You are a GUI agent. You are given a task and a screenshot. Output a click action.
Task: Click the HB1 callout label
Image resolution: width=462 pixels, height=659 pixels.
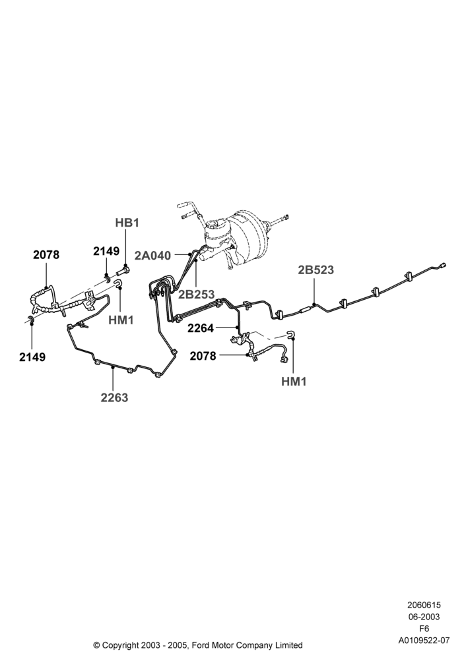[x=127, y=223]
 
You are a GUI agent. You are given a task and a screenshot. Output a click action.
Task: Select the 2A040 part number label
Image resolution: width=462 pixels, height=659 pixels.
[x=152, y=256]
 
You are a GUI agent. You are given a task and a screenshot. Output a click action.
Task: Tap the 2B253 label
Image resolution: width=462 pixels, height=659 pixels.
[x=196, y=294]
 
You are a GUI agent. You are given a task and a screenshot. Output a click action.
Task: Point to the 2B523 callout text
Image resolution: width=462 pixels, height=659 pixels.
[x=315, y=270]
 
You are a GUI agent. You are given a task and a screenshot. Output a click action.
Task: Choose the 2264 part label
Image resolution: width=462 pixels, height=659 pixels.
[x=201, y=328]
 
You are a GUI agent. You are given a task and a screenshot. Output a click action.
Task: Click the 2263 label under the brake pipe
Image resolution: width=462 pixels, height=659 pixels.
[x=114, y=397]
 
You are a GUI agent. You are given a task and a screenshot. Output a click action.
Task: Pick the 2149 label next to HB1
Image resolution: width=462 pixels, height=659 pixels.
[x=106, y=251]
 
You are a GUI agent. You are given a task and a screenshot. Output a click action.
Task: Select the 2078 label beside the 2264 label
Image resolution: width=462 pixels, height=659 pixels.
[x=203, y=356]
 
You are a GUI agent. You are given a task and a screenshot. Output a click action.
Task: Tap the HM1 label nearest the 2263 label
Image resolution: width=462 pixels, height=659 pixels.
[x=121, y=320]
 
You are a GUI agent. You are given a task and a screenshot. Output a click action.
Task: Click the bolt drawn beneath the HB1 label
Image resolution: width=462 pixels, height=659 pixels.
[x=125, y=270]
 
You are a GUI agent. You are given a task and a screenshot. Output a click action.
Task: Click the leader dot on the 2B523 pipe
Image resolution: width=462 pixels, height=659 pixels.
[x=314, y=304]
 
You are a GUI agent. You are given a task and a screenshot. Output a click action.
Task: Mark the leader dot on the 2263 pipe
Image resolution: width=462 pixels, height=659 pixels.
[x=113, y=367]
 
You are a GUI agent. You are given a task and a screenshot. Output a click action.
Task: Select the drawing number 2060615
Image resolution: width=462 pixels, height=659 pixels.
[x=424, y=605]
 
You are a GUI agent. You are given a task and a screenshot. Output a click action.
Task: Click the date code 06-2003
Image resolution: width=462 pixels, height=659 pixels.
[x=424, y=617]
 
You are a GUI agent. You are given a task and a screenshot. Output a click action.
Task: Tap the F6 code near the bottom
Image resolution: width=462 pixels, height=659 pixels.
[x=424, y=629]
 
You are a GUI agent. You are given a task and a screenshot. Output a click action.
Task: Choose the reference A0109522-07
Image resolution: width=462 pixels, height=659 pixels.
[x=424, y=641]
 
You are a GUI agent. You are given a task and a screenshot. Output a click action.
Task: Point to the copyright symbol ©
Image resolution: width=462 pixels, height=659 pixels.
[x=96, y=645]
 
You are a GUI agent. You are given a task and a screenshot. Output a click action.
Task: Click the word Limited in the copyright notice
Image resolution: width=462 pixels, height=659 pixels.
[x=290, y=645]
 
